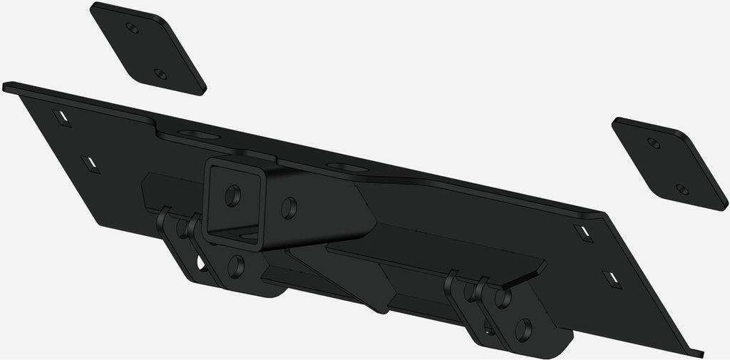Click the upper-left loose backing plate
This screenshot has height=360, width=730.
point(148,48)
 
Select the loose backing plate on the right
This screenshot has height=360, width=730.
point(669,163)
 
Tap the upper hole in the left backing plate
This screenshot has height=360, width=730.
point(131,28)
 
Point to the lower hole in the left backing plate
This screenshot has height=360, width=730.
point(160,74)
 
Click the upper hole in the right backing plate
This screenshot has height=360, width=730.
point(653,143)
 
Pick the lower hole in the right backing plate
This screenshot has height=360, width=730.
point(682,189)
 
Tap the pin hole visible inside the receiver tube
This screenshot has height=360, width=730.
point(232,195)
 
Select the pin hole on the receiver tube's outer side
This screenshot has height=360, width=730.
point(289,208)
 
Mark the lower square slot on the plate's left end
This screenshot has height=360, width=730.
point(90,164)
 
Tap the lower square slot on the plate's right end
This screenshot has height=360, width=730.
point(611,279)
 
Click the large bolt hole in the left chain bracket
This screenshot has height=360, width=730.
point(236,266)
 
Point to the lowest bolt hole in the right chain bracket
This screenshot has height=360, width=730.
point(523,329)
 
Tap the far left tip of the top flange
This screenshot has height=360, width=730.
point(6,87)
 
